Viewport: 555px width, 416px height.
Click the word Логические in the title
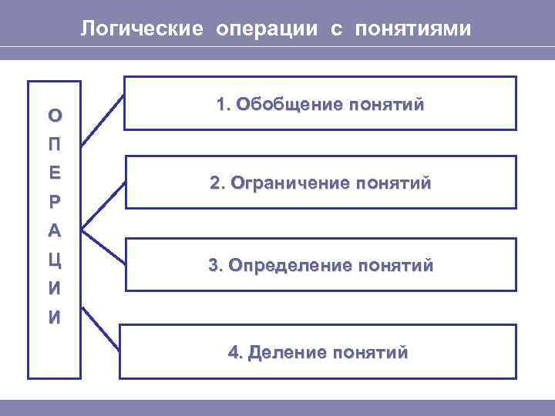(143, 29)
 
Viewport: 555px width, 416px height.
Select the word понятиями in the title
(412, 29)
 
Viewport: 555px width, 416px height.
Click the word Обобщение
(281, 104)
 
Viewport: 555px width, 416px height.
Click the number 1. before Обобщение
(224, 104)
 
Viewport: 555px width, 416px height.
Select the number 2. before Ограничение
(217, 184)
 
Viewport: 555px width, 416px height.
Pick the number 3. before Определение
(216, 266)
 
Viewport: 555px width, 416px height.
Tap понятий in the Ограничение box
(393, 184)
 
